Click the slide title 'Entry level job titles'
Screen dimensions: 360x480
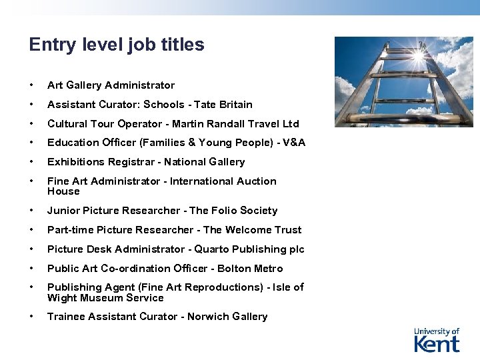[117, 45]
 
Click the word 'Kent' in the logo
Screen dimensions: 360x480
[437, 344]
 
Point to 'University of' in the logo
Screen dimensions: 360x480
[437, 331]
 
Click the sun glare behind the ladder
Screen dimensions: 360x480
[419, 56]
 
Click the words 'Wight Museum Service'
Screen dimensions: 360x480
[105, 298]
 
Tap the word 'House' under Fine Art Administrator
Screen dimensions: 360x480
[63, 191]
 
